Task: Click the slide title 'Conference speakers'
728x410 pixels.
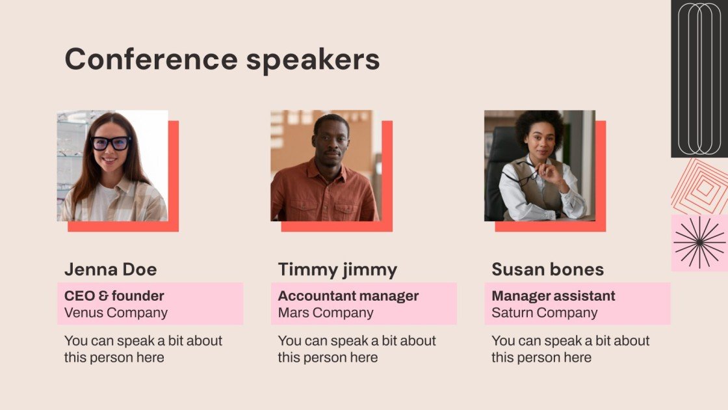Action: [x=222, y=59]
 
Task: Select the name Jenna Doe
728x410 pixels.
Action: [x=110, y=269]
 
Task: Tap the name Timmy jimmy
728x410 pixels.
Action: [x=337, y=269]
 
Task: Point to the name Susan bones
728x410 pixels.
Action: [x=547, y=269]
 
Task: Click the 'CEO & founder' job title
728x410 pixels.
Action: [x=114, y=296]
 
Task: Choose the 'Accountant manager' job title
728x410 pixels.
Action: [x=348, y=296]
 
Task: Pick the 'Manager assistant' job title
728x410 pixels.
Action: [x=553, y=296]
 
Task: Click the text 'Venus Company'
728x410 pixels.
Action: [x=116, y=312]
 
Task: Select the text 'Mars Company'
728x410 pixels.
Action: [x=326, y=312]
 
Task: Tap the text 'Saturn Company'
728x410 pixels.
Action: [x=544, y=312]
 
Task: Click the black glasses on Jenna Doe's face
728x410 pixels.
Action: [x=110, y=143]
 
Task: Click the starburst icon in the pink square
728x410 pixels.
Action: [x=699, y=243]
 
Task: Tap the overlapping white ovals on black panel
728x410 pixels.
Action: [x=699, y=78]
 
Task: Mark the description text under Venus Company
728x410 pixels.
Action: [x=143, y=349]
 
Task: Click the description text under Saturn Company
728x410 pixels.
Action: [x=570, y=349]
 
